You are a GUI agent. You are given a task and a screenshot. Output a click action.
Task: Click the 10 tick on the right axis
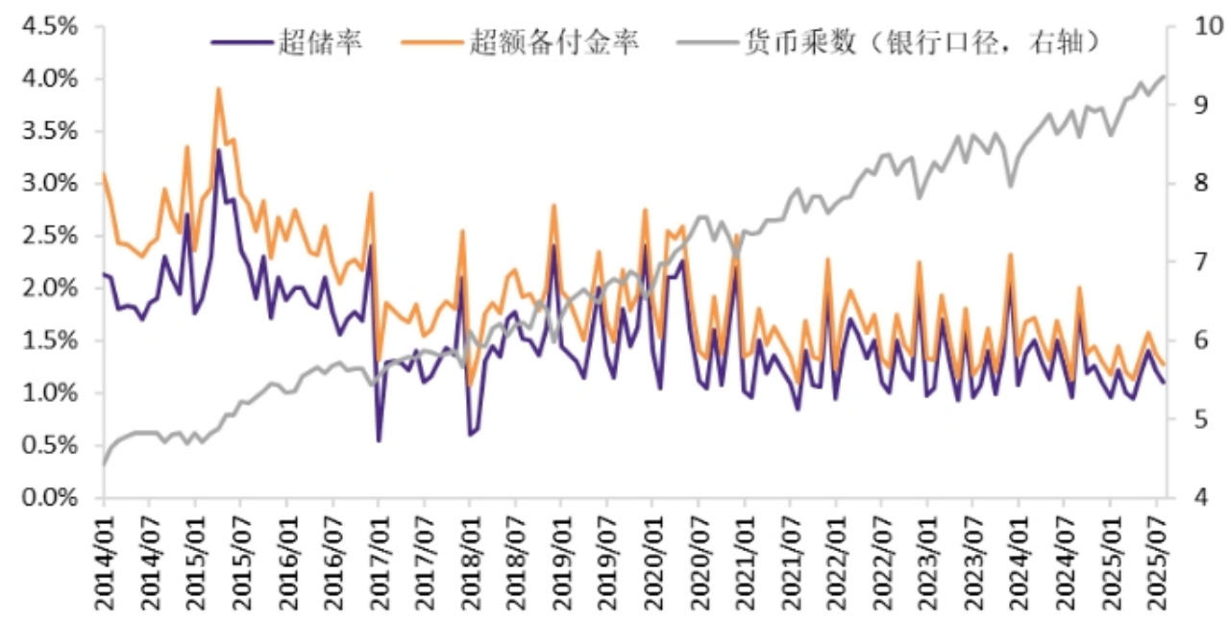click(x=1193, y=26)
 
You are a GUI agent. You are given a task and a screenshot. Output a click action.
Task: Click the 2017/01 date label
click(x=379, y=563)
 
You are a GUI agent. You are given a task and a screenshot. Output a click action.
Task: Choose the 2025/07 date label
click(x=1156, y=563)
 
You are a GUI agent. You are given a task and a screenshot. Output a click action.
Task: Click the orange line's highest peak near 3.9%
click(x=218, y=88)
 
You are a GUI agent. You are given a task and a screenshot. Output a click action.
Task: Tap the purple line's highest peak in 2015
click(x=218, y=150)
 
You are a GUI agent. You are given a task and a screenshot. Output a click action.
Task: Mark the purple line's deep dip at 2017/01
click(x=379, y=440)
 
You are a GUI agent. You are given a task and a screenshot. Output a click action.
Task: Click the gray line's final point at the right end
click(x=1165, y=76)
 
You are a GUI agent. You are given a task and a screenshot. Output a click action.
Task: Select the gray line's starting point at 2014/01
click(x=103, y=464)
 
